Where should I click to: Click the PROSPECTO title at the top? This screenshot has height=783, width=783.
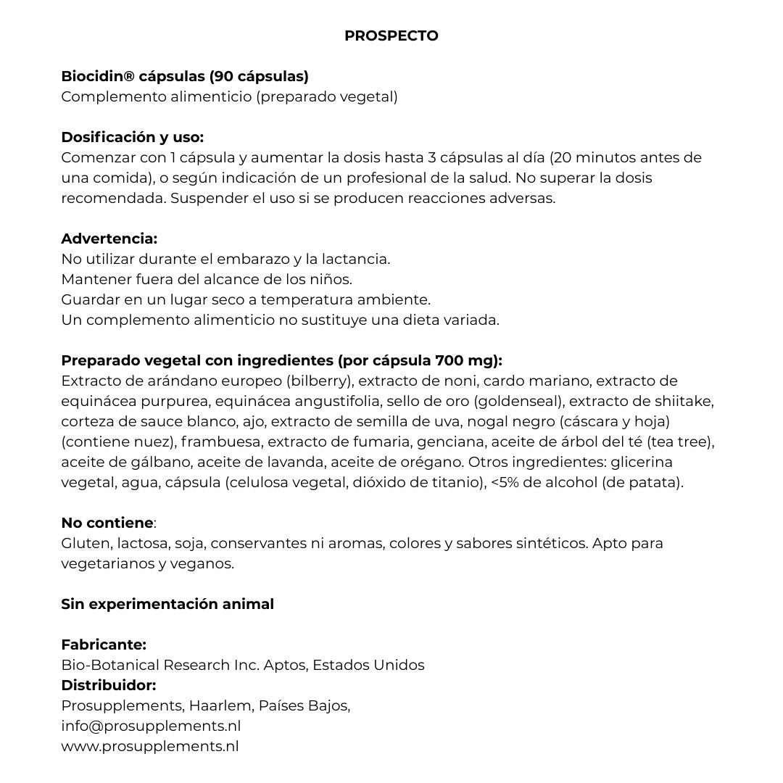point(391,36)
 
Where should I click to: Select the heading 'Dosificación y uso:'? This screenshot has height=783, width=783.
point(132,137)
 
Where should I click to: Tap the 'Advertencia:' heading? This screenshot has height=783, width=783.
point(109,239)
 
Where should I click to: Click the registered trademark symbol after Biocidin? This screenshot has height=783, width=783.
point(130,76)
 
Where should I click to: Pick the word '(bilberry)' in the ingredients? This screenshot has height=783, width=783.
point(319,381)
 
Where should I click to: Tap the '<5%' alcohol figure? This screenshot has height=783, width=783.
point(506,482)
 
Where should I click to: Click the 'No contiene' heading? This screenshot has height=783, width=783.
point(107,523)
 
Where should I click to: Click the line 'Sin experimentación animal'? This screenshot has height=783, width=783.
point(167,604)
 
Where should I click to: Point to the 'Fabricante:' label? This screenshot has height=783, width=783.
point(104,645)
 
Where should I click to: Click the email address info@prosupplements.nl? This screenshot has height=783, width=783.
point(151,726)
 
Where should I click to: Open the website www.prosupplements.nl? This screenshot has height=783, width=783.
point(150,746)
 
